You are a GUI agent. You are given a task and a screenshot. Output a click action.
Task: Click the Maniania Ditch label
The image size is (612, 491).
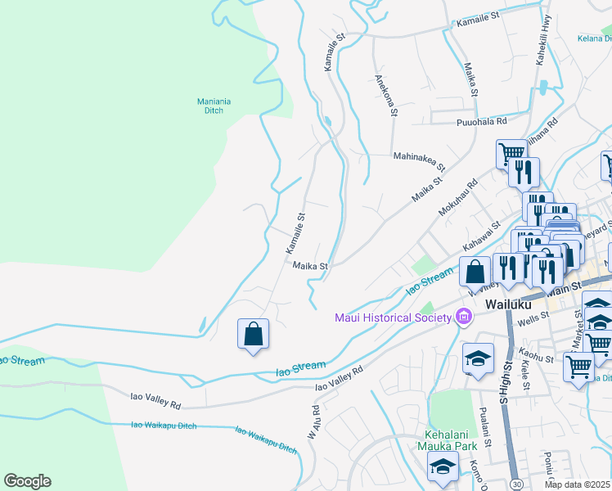click(x=214, y=106)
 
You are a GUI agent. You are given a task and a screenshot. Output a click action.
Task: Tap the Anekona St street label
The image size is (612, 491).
click(x=385, y=95)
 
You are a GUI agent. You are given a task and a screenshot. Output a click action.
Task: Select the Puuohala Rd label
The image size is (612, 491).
click(x=481, y=121)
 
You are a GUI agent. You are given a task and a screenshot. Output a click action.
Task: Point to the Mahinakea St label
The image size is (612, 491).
click(x=419, y=160)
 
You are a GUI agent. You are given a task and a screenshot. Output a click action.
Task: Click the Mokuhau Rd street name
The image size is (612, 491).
click(x=457, y=198)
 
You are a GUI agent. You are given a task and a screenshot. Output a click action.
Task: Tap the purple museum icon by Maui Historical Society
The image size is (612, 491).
click(x=464, y=316)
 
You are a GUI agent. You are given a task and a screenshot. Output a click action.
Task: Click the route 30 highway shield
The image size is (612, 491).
click(x=515, y=484)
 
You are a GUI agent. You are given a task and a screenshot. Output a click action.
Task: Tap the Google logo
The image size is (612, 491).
click(x=27, y=481)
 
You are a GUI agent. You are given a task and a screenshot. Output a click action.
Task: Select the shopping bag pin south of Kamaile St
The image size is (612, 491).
click(x=254, y=334)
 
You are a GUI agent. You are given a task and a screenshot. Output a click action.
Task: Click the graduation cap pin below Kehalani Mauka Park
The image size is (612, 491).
click(x=443, y=466)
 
